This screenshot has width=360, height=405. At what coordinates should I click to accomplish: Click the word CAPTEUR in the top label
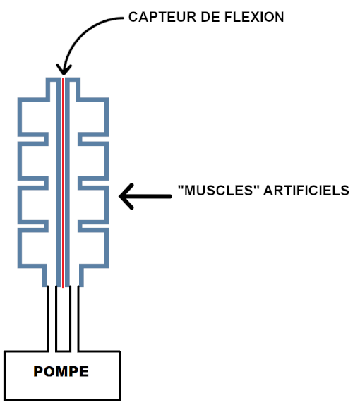[x=162, y=18]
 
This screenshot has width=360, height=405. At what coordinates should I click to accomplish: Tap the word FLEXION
[x=254, y=18]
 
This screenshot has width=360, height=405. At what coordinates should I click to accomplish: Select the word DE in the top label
[x=210, y=18]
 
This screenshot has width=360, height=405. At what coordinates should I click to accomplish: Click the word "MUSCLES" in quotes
[x=219, y=191]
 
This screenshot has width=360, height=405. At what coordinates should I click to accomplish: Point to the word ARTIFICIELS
[x=306, y=191]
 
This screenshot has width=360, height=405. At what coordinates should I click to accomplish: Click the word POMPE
[x=61, y=372]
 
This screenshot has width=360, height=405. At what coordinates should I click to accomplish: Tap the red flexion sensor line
[x=63, y=182]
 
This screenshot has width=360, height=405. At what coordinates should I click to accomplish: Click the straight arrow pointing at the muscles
[x=145, y=197]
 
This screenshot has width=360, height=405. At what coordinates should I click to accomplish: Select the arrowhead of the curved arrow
[x=64, y=70]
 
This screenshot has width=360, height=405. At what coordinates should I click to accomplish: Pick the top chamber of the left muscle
[x=33, y=117]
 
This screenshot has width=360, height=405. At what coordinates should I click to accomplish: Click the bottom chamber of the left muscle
[x=33, y=248]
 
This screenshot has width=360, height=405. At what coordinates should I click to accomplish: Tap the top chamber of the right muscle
[x=93, y=117]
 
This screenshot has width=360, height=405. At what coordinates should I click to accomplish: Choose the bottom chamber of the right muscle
[x=93, y=248]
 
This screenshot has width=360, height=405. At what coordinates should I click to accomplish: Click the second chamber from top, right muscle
[x=93, y=161]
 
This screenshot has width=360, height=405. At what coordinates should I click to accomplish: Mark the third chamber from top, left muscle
[x=33, y=205]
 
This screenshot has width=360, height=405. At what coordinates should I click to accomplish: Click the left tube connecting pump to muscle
[x=52, y=319]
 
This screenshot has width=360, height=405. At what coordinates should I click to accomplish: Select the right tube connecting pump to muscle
[x=74, y=319]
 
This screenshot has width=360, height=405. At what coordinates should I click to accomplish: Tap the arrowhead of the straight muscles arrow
[x=126, y=197]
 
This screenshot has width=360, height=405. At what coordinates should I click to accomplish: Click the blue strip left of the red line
[x=59, y=182]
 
